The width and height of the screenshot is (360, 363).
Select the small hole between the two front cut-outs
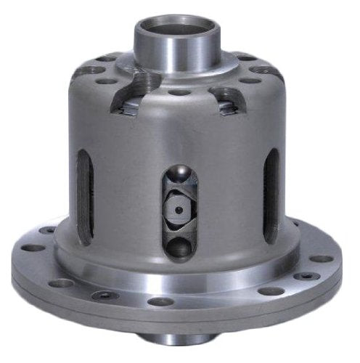(x=178, y=92)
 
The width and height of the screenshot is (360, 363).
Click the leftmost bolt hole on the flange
(x=32, y=247)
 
